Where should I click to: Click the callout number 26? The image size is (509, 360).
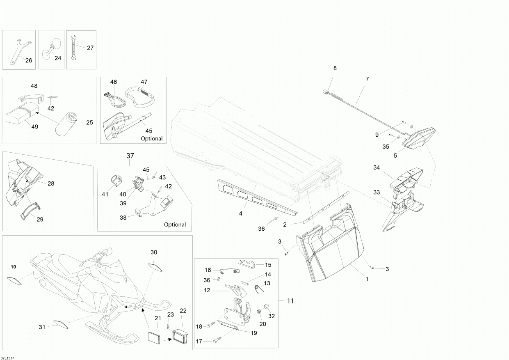28,60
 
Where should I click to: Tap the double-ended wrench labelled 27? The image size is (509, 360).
73,47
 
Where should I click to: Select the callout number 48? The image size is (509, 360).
34,86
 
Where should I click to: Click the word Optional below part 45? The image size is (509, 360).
152,139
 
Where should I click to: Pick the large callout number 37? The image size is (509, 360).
130,156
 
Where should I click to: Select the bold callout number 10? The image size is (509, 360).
13,267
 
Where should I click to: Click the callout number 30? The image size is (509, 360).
154,252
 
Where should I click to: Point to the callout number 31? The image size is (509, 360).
42,327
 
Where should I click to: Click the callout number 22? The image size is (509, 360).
183,311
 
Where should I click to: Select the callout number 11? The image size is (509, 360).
290,301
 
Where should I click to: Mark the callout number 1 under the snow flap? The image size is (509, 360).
367,279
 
